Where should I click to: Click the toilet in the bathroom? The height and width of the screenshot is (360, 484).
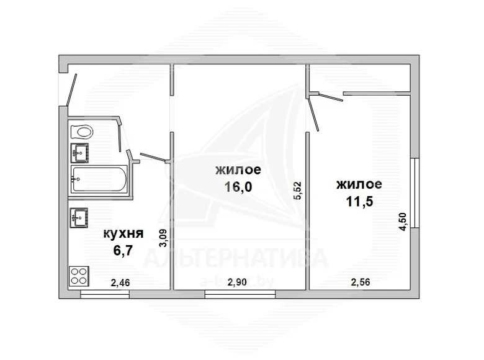pyautogui.click(x=82, y=132)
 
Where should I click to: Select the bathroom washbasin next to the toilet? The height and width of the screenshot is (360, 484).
pyautogui.click(x=80, y=153)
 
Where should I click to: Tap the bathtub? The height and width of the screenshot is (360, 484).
pyautogui.click(x=99, y=179)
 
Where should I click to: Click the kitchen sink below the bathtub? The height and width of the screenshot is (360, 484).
pyautogui.click(x=79, y=218)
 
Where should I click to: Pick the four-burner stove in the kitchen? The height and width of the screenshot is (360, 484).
pyautogui.click(x=79, y=276)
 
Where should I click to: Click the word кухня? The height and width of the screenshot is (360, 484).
pyautogui.click(x=123, y=233)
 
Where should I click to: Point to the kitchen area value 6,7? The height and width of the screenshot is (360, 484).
pyautogui.click(x=123, y=250)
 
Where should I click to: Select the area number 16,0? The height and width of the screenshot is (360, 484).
pyautogui.click(x=238, y=187)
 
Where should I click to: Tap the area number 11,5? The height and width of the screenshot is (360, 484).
pyautogui.click(x=359, y=201)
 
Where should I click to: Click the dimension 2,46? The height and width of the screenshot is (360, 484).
pyautogui.click(x=120, y=282)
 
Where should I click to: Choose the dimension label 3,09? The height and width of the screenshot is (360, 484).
pyautogui.click(x=163, y=238)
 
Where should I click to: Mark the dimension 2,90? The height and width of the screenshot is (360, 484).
pyautogui.click(x=237, y=282)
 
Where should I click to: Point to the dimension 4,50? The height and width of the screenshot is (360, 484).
pyautogui.click(x=404, y=222)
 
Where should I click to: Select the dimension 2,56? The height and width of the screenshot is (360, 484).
pyautogui.click(x=361, y=282)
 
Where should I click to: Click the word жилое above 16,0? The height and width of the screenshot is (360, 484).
pyautogui.click(x=238, y=170)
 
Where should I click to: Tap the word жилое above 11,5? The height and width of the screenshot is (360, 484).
pyautogui.click(x=359, y=184)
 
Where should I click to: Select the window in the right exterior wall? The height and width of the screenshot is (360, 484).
pyautogui.click(x=416, y=193)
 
